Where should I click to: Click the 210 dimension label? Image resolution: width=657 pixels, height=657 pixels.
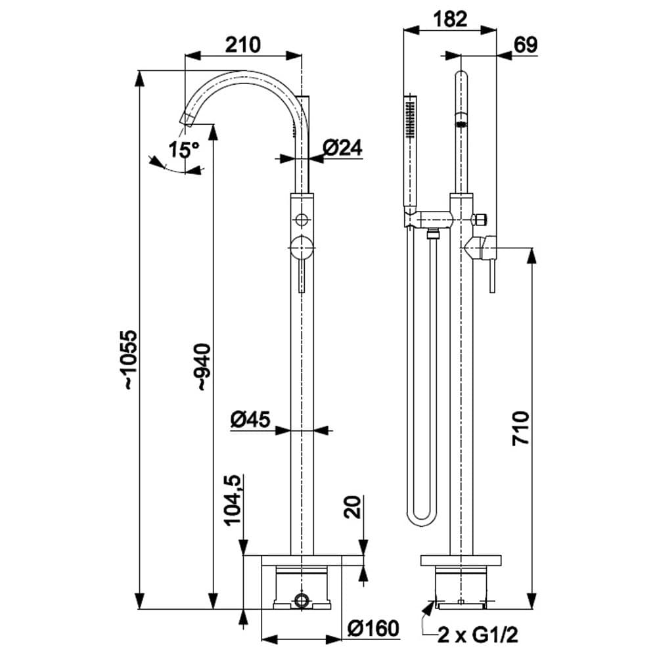pos(243,45)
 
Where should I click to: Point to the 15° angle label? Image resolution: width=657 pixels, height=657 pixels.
pos(183,150)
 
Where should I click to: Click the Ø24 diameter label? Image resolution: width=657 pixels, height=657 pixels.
pos(343,149)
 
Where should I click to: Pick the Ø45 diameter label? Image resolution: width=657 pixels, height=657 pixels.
pos(250,420)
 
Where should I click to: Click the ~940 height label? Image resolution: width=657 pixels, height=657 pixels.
pos(202,368)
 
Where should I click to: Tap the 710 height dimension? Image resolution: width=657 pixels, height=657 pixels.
pos(520,428)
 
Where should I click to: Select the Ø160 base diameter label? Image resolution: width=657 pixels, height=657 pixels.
pos(373,629)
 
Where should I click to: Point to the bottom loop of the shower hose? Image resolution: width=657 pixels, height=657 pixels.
pos(420,519)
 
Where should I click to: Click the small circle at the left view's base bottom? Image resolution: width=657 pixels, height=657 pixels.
pos(302,599)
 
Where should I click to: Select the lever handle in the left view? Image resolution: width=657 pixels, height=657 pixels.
pos(302,266)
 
